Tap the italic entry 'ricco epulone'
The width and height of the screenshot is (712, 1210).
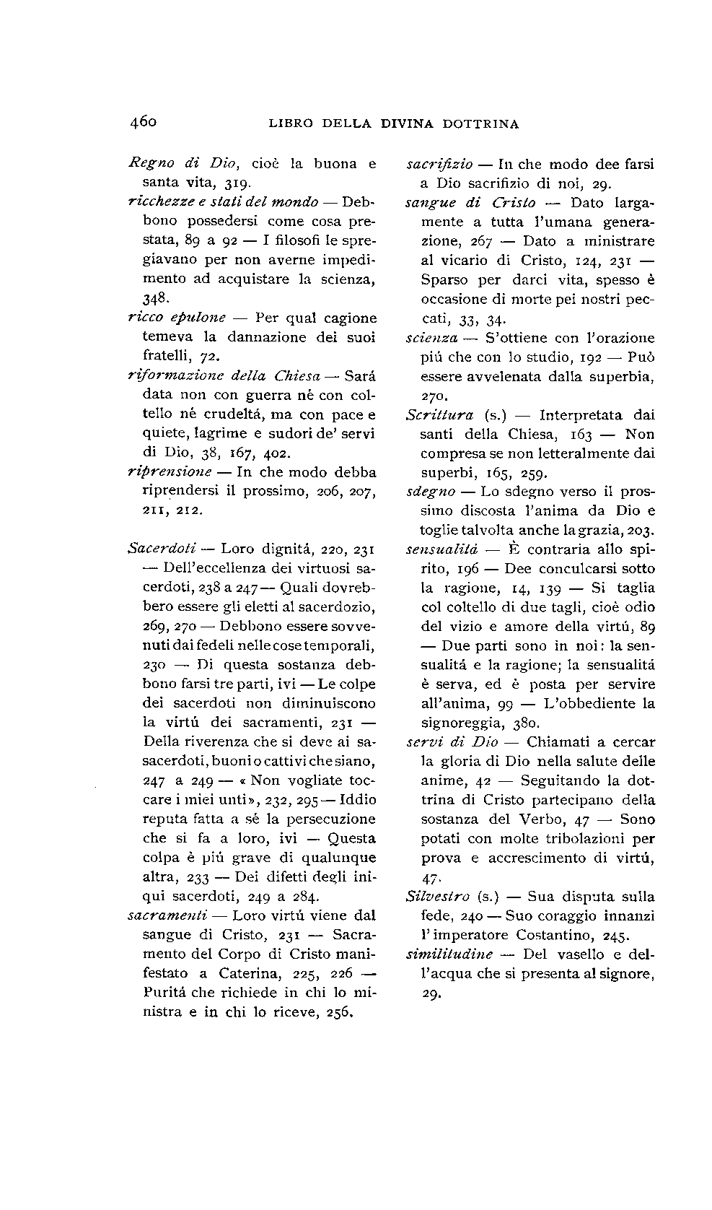[x=177, y=318]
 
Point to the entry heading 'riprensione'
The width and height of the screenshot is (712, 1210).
[x=170, y=472]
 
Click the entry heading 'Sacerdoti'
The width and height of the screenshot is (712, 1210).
[x=157, y=548]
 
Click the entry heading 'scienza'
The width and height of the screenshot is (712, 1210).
[x=432, y=338]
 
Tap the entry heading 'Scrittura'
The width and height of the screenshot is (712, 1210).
[x=440, y=415]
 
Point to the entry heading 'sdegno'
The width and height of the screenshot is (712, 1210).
[x=431, y=492]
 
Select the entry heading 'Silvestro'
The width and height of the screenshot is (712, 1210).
[x=438, y=897]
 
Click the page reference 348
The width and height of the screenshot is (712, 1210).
[x=155, y=297]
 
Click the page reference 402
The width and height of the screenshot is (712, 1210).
[x=277, y=453]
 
